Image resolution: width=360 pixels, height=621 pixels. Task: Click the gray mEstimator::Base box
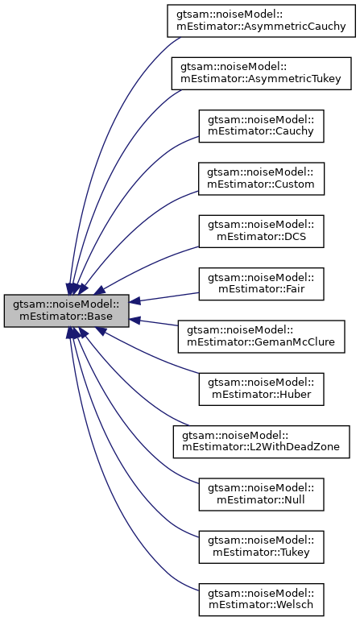(66, 310)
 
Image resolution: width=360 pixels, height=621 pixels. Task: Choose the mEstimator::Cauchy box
(262, 126)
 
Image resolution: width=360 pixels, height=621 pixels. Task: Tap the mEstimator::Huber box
(262, 390)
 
